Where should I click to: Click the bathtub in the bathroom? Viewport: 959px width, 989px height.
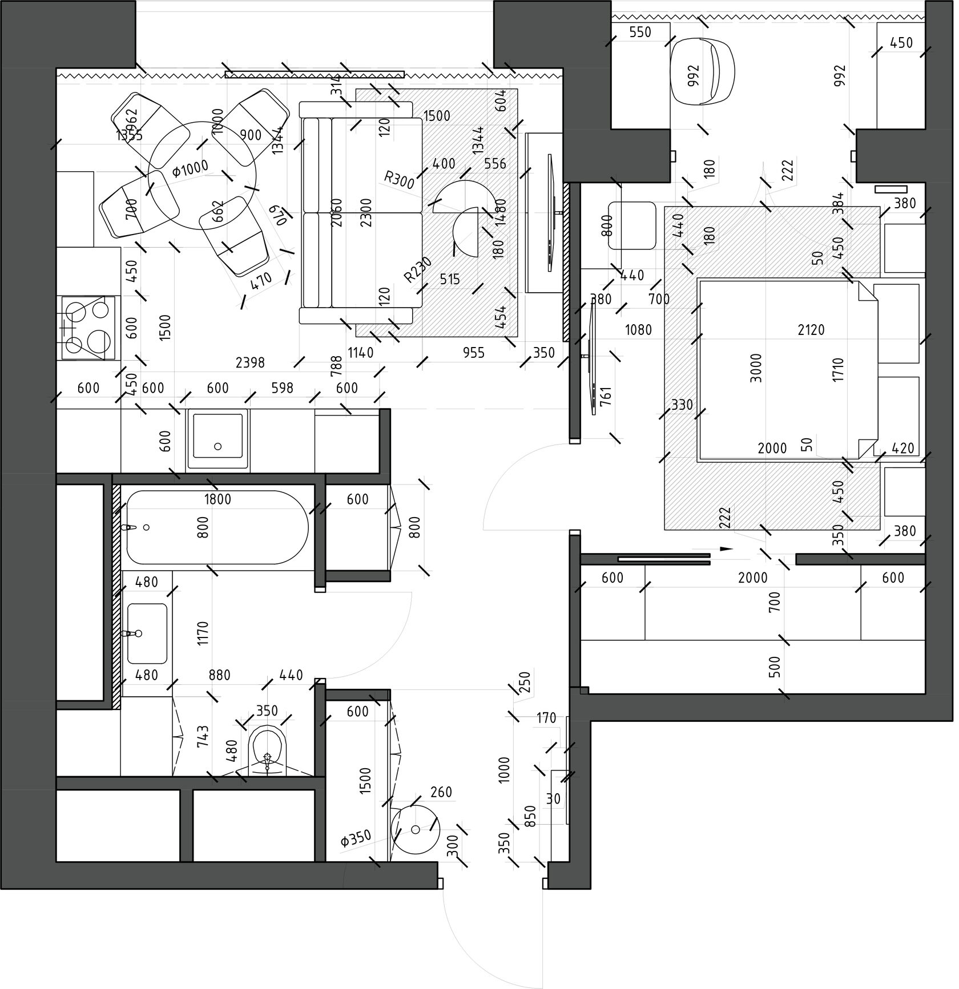click(217, 528)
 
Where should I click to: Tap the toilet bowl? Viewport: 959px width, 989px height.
click(267, 748)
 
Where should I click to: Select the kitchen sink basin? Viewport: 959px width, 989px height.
click(217, 437)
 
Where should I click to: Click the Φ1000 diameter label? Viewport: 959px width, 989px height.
click(190, 169)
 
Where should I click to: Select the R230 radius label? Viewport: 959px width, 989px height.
click(418, 270)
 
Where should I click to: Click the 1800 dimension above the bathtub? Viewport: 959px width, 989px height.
click(217, 500)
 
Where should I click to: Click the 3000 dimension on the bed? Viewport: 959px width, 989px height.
click(756, 368)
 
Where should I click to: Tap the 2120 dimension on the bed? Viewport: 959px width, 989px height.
click(811, 329)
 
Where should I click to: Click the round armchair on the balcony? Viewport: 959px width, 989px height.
click(702, 71)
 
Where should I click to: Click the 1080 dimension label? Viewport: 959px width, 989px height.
click(638, 329)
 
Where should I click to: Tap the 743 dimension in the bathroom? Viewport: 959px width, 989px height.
click(202, 736)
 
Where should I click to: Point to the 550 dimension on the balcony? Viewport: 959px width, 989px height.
click(640, 32)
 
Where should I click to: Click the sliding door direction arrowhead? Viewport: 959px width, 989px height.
click(726, 549)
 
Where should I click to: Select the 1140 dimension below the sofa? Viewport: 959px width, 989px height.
click(361, 353)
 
